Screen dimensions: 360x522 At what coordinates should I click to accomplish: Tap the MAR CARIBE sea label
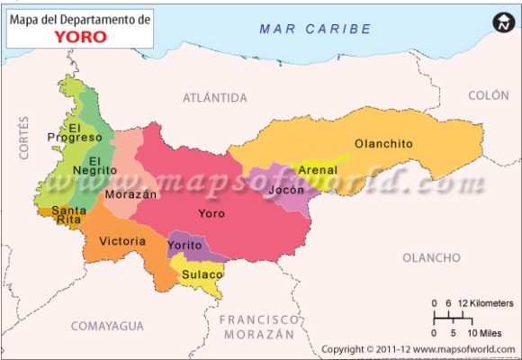point(315,29)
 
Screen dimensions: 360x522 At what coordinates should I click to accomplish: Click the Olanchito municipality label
point(383,143)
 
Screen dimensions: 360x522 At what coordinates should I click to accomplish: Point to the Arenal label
point(317,169)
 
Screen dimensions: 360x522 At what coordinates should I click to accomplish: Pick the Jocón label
point(286,191)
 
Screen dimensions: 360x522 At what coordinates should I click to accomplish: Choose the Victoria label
point(122,241)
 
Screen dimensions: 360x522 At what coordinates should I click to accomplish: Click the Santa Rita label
point(69,214)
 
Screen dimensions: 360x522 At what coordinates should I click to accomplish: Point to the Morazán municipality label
point(130,193)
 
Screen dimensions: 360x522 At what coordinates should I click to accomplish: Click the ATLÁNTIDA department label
point(215,96)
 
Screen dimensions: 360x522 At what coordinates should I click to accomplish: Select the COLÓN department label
point(489,94)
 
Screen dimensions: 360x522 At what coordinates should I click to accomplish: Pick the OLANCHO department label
point(430,257)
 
